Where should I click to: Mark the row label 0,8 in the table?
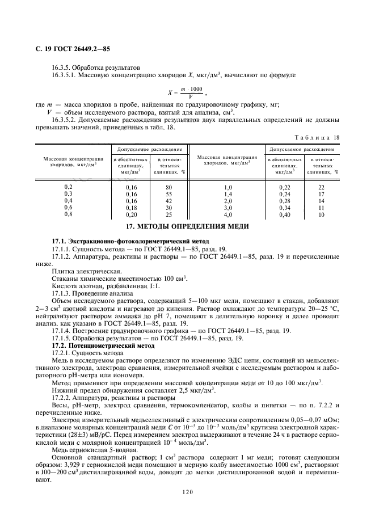point(69,214)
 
